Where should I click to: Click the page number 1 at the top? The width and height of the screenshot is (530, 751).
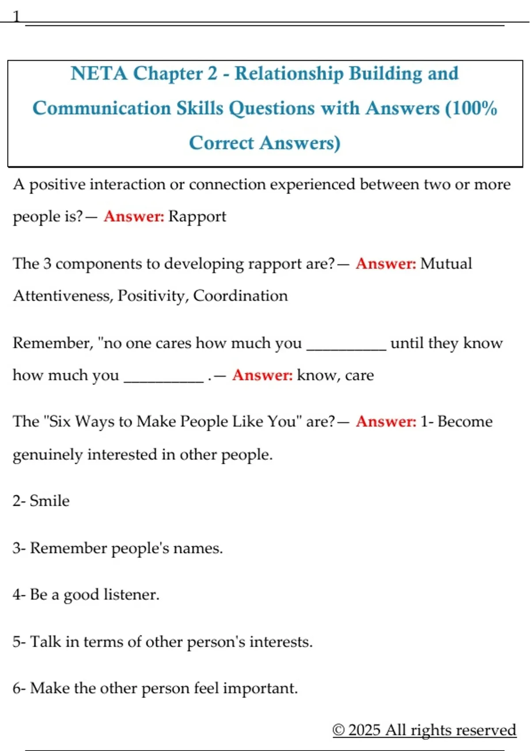click(16, 17)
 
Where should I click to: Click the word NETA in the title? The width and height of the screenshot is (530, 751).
click(98, 73)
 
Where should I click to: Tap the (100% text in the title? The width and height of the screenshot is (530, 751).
click(471, 108)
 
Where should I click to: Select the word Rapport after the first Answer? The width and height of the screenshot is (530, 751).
click(197, 216)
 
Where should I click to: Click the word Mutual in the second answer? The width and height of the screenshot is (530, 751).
click(446, 264)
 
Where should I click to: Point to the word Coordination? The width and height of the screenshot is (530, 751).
click(240, 296)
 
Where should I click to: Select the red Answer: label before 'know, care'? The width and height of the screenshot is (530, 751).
click(262, 375)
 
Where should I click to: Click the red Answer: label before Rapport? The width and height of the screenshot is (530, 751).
click(134, 216)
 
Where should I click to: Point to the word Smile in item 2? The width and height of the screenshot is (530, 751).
click(49, 501)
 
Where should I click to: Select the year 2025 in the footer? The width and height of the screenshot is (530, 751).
click(364, 730)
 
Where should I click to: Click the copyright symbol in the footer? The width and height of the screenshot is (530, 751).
click(338, 730)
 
